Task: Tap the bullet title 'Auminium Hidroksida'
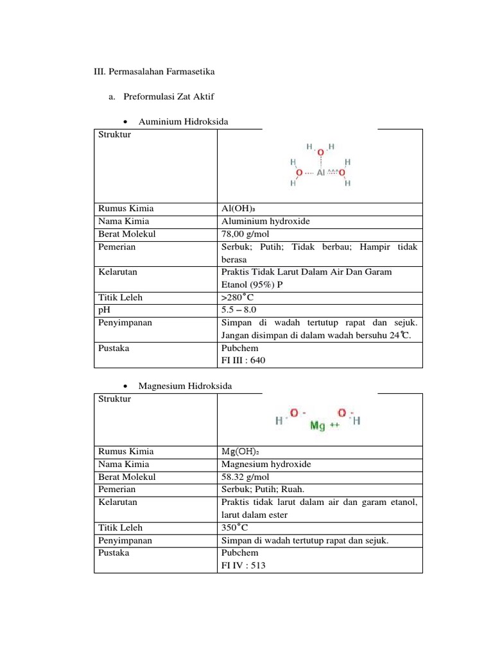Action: (183, 121)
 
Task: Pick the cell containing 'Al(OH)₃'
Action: (235, 209)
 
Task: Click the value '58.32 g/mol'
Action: (243, 477)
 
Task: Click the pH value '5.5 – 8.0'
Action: (239, 310)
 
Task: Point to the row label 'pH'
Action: (104, 310)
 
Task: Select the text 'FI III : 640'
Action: (243, 361)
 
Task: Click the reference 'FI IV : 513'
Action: (243, 565)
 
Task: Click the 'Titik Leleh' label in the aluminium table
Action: (120, 298)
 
